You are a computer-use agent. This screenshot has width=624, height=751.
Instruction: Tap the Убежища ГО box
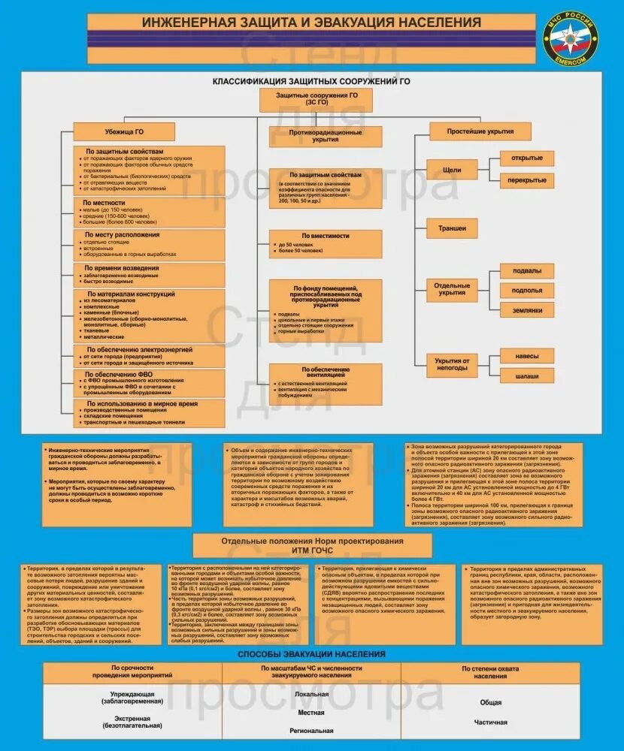coord(124,131)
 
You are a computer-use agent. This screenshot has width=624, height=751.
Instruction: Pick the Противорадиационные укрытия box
coord(326,136)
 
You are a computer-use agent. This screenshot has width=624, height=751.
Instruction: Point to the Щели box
coord(452,170)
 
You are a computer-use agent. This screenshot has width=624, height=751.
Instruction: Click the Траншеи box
coord(452,228)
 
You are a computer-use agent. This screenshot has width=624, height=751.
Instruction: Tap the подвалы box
coord(526,271)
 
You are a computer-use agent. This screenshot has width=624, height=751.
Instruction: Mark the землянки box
coord(526,309)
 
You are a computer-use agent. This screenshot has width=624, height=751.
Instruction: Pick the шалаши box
coord(526,375)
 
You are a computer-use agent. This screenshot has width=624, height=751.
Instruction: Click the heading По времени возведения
coord(121,268)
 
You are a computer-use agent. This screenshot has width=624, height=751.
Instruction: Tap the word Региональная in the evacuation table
coord(311,730)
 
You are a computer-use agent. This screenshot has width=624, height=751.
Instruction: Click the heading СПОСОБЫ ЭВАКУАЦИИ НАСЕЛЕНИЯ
coord(311,654)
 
